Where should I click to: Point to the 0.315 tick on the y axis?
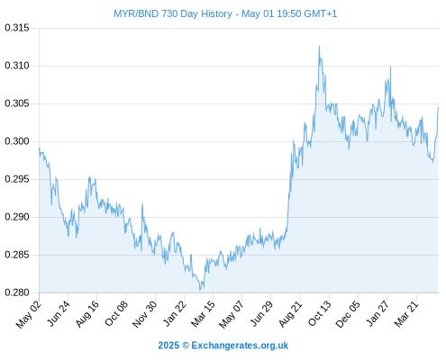tap(17, 28)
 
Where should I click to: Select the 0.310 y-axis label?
tap(17, 66)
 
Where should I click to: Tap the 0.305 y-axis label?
tap(17, 103)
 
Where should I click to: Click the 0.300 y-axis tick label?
tap(17, 141)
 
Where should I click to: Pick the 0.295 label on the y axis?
tap(17, 179)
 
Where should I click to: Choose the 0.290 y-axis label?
tap(17, 217)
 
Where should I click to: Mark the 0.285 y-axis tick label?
tap(17, 255)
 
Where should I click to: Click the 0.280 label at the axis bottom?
tap(17, 292)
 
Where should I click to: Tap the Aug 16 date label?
tap(87, 314)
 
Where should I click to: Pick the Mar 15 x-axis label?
tap(203, 314)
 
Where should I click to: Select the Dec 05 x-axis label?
tap(348, 314)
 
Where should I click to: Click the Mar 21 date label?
tap(406, 314)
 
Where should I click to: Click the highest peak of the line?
tap(319, 46)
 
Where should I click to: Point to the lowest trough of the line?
tap(200, 290)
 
